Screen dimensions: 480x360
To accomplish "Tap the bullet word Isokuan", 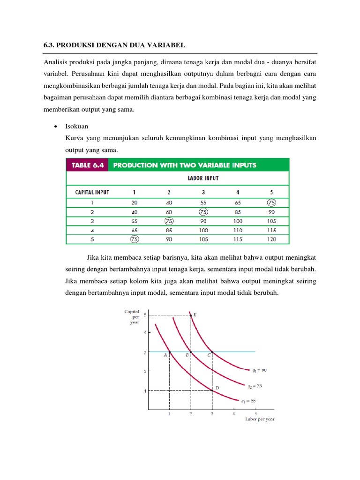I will [x=78, y=127].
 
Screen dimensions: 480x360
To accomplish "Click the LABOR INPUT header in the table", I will [x=203, y=178].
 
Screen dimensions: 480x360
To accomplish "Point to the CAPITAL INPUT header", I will [x=92, y=192].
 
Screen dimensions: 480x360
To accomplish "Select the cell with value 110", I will [x=238, y=230].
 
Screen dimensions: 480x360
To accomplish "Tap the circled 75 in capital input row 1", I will [x=270, y=203].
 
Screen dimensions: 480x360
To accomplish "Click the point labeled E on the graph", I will [x=190, y=315].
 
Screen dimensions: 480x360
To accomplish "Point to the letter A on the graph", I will [x=165, y=355].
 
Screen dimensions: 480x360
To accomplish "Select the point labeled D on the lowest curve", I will [x=212, y=390].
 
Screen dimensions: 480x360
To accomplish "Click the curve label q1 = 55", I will [x=248, y=401].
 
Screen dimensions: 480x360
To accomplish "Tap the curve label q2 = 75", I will [x=255, y=386].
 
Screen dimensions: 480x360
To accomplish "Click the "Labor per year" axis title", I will [x=260, y=419].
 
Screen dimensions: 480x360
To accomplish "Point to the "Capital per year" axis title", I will [x=131, y=316].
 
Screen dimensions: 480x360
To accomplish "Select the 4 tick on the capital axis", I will [x=145, y=332].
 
